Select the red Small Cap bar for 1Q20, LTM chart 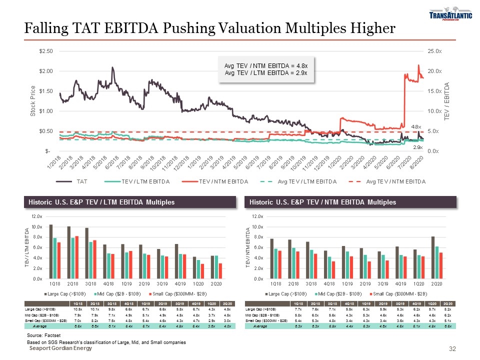tap(202, 271)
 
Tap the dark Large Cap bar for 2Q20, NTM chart tap(433, 257)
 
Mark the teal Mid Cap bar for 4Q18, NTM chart tap(329, 267)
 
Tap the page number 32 tap(453, 348)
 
